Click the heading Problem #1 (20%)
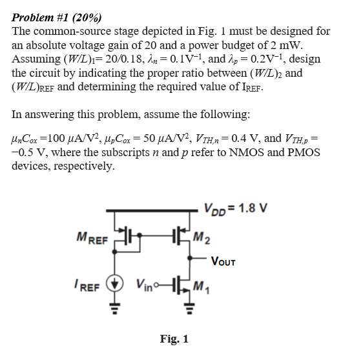click(57, 17)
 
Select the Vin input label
click(146, 285)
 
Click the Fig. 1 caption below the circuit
click(174, 339)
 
